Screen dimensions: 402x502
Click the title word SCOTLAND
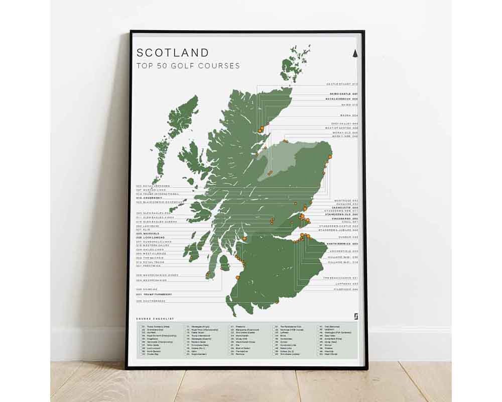tap(173, 53)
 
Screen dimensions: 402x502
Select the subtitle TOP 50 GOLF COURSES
tap(188, 66)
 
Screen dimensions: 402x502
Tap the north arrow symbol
tap(355, 53)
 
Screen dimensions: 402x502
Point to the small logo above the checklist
tap(356, 316)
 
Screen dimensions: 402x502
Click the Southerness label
tap(151, 301)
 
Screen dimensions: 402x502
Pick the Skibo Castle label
tap(343, 94)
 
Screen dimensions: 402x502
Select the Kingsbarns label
tap(344, 219)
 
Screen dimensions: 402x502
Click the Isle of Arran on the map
tap(224, 262)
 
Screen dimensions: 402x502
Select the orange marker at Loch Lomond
tap(244, 238)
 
